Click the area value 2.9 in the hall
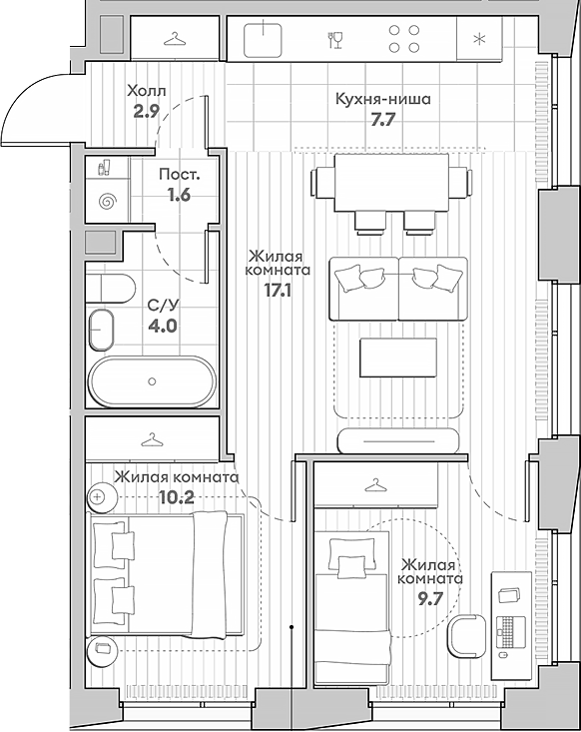147,112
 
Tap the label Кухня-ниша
383,99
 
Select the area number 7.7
383,121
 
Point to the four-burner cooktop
404,39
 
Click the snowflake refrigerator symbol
479,39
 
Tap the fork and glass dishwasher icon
335,40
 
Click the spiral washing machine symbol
108,202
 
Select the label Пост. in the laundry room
180,175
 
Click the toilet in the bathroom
111,288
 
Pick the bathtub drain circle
152,381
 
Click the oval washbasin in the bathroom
101,330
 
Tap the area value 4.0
163,326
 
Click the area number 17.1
278,291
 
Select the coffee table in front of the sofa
398,358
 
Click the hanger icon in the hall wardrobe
175,39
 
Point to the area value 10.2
177,497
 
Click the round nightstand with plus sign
102,497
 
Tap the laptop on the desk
510,631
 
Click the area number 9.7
429,598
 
